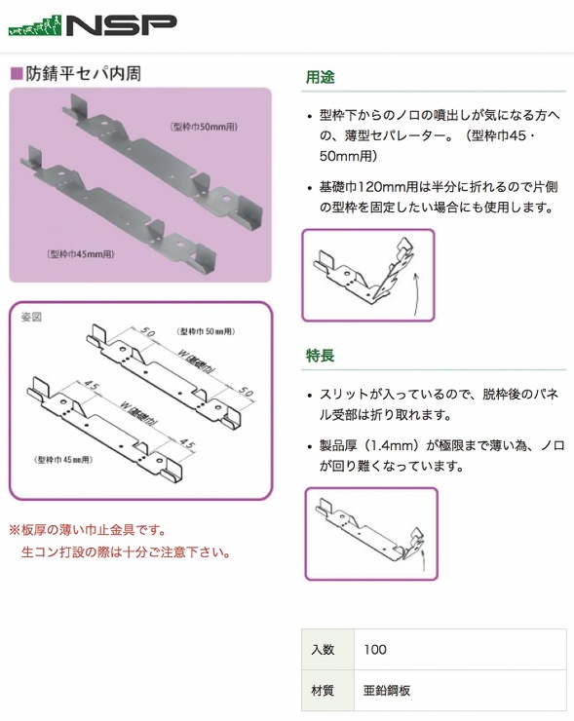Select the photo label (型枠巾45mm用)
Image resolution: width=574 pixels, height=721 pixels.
click(x=82, y=253)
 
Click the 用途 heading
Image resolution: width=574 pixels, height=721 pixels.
click(x=321, y=78)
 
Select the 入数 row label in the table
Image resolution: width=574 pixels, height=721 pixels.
click(x=323, y=650)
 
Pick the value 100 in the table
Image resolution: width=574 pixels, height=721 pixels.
click(x=374, y=650)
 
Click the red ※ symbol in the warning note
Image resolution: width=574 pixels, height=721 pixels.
click(x=15, y=531)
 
